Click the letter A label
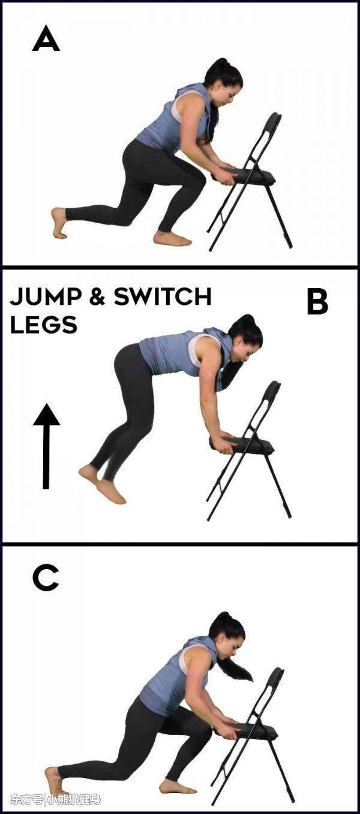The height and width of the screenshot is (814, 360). coord(46,38)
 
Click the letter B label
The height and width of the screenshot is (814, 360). coord(317,303)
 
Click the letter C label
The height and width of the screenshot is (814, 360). coord(46,578)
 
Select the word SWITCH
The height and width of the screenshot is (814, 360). coord(163,297)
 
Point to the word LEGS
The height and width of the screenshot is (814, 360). coord(44,325)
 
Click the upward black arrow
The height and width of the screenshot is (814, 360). coord(46,446)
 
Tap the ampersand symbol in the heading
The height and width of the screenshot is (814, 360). coord(97,297)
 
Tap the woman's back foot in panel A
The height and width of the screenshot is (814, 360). coord(59,223)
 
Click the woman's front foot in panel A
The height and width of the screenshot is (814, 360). coord(172,239)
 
